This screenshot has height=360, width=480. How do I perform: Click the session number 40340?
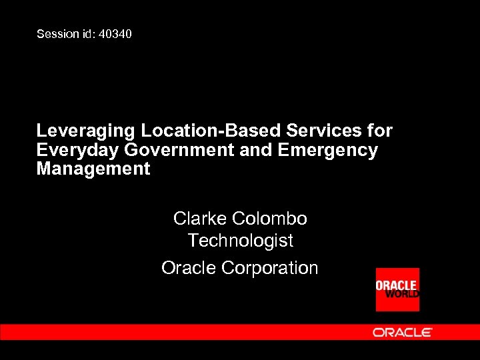point(115,33)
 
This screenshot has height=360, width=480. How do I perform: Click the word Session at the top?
point(57,33)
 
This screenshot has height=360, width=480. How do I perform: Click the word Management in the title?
point(93,169)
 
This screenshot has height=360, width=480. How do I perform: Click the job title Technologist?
point(240,240)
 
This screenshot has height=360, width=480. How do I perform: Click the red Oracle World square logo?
point(397,289)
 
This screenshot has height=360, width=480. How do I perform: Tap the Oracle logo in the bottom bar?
point(402,332)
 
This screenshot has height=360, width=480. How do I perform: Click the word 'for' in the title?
point(380,131)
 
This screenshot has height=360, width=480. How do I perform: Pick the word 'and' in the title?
point(254,150)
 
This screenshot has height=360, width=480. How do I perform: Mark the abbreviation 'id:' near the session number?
point(88,33)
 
